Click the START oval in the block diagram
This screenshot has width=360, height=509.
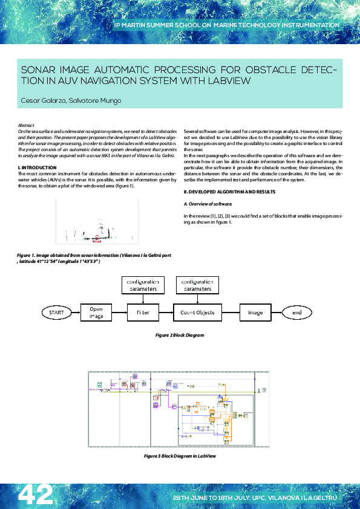tap(56, 313)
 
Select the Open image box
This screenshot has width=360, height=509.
tap(97, 313)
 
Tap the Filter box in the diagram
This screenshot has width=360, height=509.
tap(143, 313)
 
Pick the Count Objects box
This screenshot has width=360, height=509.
tap(197, 313)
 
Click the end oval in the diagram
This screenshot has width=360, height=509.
tap(297, 313)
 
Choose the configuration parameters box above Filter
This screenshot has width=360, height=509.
tap(143, 285)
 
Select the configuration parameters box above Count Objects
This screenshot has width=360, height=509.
tap(197, 285)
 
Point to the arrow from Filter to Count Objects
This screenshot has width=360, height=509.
tap(165, 313)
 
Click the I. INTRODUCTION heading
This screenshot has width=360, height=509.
tap(38, 167)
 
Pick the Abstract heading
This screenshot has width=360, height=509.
tap(26, 125)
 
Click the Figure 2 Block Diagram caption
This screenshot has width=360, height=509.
tap(180, 334)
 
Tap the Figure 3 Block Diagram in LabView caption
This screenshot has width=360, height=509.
tap(180, 456)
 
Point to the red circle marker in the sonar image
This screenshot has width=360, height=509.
tap(96, 238)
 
